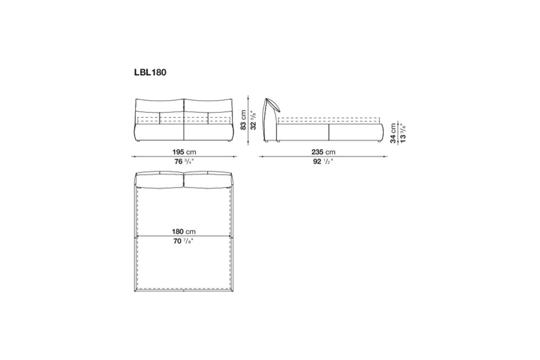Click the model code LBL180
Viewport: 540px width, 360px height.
point(150,73)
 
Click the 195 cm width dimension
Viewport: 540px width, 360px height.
point(184,152)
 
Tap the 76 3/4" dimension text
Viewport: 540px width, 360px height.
point(184,161)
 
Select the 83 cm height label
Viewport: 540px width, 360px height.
point(243,120)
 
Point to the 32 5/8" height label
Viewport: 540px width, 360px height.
point(253,120)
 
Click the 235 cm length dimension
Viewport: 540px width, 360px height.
point(323,152)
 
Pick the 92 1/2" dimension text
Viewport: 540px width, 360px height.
point(323,161)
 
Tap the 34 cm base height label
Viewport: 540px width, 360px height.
point(393,133)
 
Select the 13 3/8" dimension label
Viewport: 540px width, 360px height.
point(403,133)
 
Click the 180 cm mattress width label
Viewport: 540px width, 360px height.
point(184,232)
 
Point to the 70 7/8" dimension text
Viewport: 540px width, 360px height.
point(184,241)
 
